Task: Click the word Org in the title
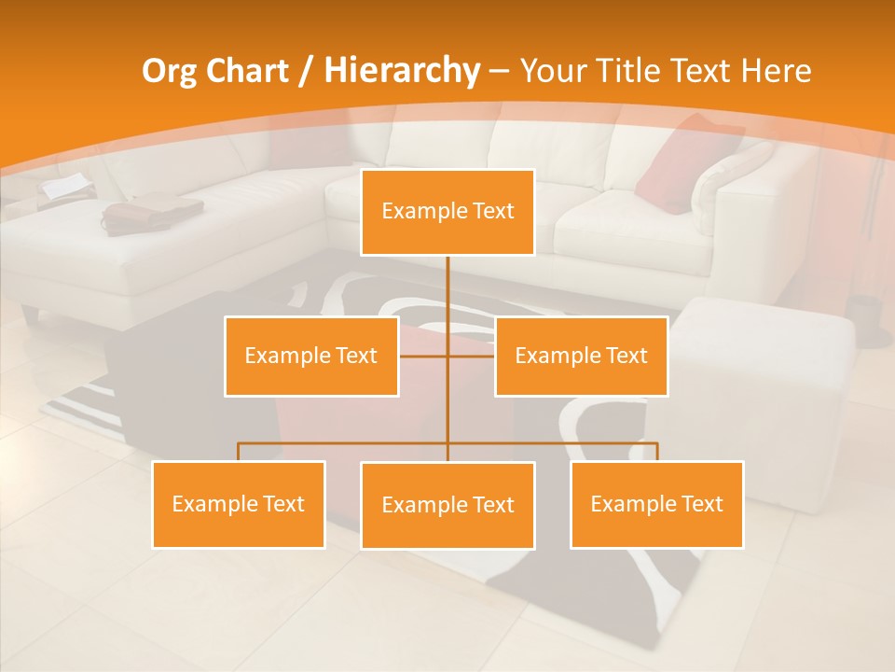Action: [x=170, y=71]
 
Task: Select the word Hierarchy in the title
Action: [x=402, y=71]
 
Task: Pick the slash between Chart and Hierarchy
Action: [x=306, y=72]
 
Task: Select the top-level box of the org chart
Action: [x=447, y=212]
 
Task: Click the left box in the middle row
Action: [x=311, y=356]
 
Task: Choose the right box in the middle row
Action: [x=581, y=356]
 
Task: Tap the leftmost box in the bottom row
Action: [x=239, y=504]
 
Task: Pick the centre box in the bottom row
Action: [x=447, y=505]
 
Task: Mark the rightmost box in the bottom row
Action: [x=656, y=504]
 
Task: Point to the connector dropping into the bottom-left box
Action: [x=239, y=452]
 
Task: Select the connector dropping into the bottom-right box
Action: [x=656, y=452]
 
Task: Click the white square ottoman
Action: [x=764, y=373]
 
